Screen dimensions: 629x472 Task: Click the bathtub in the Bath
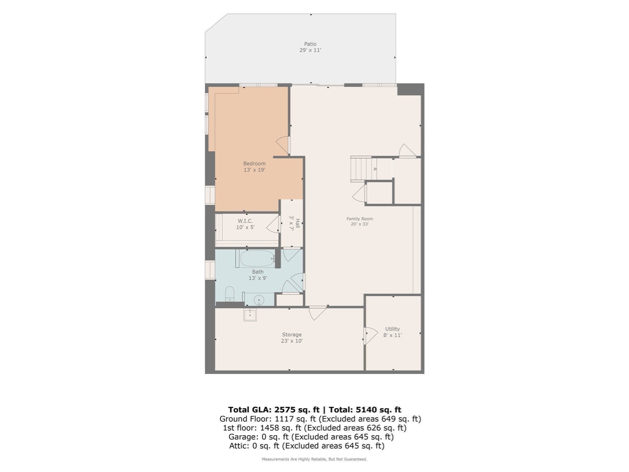(x=257, y=259)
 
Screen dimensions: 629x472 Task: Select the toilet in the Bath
(x=229, y=294)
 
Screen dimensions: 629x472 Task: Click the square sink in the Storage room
(x=250, y=315)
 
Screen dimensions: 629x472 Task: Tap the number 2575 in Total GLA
(x=285, y=410)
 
